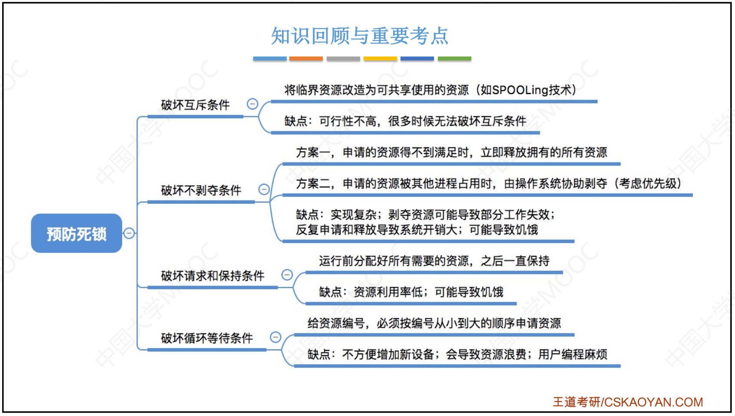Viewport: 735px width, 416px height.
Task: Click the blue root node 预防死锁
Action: tap(76, 233)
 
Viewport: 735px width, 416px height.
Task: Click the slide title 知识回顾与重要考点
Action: tap(360, 36)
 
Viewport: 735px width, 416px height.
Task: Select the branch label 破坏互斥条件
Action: tap(195, 105)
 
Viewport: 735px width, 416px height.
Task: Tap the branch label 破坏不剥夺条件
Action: tap(201, 190)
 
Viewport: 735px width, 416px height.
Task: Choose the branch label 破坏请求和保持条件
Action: tap(212, 276)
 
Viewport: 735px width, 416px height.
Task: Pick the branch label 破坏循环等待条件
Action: tap(207, 338)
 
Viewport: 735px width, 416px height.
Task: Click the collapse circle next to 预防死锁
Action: tap(129, 233)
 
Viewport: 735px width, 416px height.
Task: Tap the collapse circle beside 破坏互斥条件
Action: tap(252, 104)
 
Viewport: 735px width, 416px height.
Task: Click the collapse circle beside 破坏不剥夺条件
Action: tap(264, 189)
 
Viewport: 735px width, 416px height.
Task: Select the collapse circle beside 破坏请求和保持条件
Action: tap(287, 275)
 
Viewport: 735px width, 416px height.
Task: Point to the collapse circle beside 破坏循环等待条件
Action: tap(275, 337)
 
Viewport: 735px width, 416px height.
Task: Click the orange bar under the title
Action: tap(306, 58)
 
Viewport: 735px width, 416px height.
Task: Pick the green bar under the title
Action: tap(454, 58)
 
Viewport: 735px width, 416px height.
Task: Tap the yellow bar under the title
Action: tap(380, 58)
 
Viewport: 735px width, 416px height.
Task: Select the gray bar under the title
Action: tap(343, 58)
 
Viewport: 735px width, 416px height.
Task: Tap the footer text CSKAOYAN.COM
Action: tap(654, 402)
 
